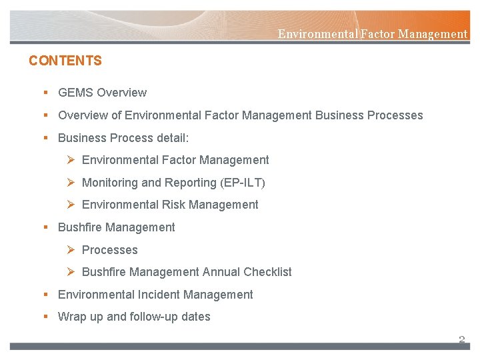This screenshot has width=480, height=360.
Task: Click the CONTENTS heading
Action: point(65,61)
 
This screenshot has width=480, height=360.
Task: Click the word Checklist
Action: point(267,272)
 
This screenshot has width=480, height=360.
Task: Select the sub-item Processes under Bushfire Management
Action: point(109,250)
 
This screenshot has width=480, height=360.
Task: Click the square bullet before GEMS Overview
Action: point(45,93)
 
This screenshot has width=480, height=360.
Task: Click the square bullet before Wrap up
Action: point(45,317)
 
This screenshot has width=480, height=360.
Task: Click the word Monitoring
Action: point(109,183)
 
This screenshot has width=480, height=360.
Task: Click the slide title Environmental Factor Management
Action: point(372,34)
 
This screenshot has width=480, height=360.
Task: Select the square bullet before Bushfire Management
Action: point(45,227)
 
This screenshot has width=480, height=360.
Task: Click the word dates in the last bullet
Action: point(195,317)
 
